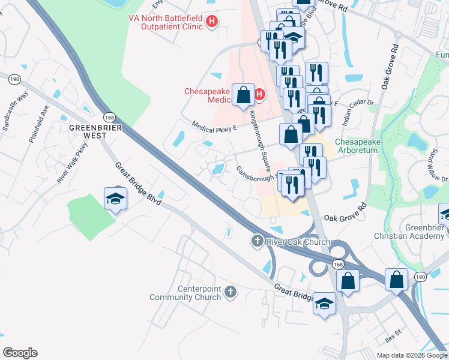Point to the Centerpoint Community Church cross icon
[230, 293]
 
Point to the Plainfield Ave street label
[38, 124]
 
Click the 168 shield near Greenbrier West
[109, 117]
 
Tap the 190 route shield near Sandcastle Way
[14, 79]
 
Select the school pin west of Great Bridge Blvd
[116, 199]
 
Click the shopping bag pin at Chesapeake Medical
[244, 95]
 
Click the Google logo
[20, 353]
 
